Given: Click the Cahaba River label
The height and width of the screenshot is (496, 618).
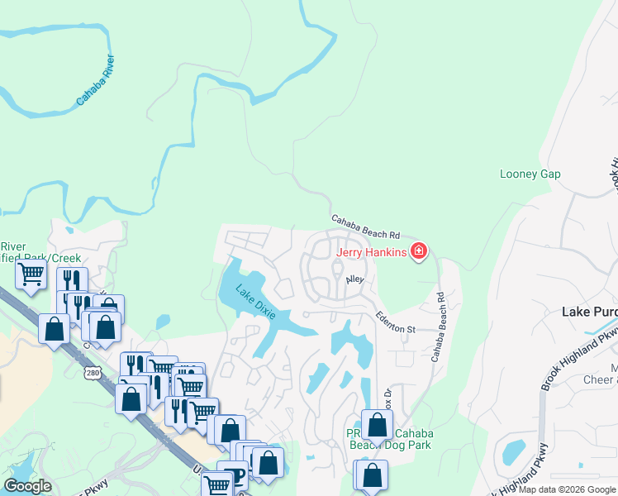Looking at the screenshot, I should tap(96, 81).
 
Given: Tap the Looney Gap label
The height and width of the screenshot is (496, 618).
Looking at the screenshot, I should tap(530, 174).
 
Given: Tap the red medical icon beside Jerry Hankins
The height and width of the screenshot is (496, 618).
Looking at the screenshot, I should tap(419, 250).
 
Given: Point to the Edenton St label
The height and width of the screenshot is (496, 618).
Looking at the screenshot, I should tap(395, 322).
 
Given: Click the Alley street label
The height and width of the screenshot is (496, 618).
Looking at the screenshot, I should tap(355, 280).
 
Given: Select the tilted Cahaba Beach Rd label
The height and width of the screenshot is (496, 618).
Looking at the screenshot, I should tap(365, 227).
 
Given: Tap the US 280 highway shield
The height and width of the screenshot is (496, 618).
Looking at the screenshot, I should tap(92, 374).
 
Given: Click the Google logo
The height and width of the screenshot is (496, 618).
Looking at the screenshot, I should tap(27, 486).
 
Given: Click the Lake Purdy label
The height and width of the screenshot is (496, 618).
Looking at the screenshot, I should tap(589, 312).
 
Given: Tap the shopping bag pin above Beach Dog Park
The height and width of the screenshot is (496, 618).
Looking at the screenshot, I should tap(377, 426).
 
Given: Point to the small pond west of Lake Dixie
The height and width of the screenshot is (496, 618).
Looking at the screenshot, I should tap(162, 322).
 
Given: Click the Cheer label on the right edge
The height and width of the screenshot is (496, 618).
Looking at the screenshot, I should tap(601, 379).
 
